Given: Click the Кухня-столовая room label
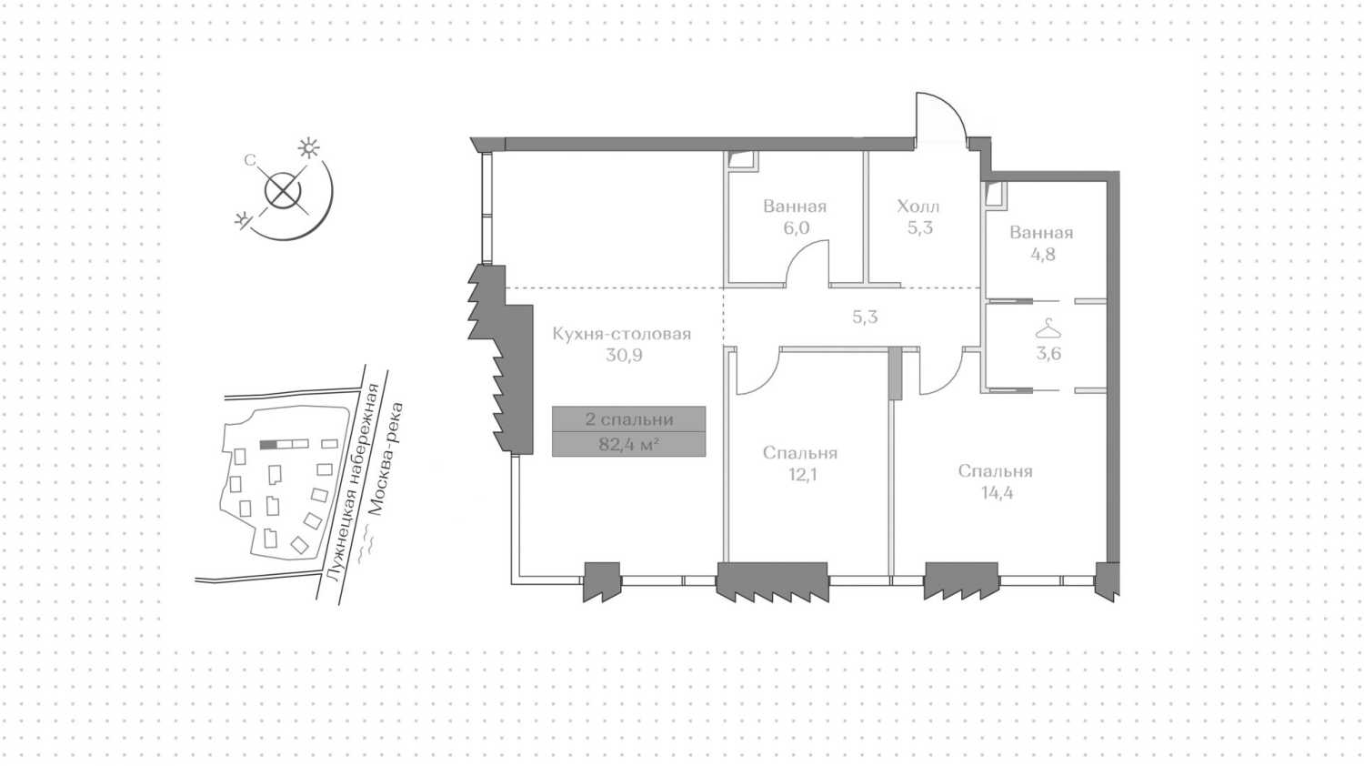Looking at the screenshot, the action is (622, 334).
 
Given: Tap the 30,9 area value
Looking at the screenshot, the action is (624, 356).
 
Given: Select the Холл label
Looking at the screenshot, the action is (918, 207).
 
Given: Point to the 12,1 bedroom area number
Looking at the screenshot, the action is (803, 475).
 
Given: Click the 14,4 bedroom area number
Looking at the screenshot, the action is (997, 493).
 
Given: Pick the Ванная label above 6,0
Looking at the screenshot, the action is (795, 207).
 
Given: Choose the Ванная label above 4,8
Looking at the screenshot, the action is (1041, 233).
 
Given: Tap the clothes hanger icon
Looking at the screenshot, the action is (1048, 328).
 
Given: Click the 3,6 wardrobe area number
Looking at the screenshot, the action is (1048, 354).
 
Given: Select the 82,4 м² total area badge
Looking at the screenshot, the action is (628, 444).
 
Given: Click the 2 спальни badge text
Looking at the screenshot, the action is (629, 419).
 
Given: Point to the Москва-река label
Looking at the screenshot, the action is (386, 459).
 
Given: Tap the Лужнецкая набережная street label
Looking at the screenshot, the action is (353, 481).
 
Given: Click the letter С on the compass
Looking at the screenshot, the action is (250, 160).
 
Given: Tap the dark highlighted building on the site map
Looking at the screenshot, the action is (268, 445).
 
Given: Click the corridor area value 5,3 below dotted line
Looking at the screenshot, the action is (865, 317).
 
